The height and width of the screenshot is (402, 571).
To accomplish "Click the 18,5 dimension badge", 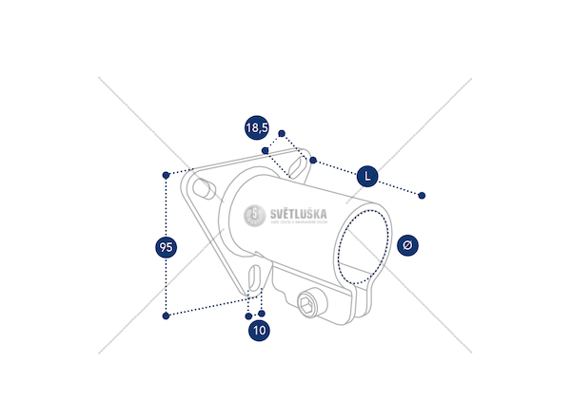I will pos(256,127).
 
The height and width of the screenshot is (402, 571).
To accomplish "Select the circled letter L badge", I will pos(367,176).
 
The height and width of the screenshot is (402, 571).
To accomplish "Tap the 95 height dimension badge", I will pos(166,247).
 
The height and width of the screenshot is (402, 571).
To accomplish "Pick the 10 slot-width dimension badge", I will pos(260,331).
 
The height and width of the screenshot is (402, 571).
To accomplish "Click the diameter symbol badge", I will pos(407,245).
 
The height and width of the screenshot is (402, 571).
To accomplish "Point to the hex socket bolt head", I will pos(308,305).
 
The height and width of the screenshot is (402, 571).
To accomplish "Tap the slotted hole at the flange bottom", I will pos(254,278).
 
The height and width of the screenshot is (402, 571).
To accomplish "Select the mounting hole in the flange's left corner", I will pos(201,188).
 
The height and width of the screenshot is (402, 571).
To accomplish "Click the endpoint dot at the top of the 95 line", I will pos(167,174).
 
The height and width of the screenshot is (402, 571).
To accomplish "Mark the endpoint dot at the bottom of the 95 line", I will pos(167,315).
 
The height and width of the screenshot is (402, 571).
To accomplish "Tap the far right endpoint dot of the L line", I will pos(423,196).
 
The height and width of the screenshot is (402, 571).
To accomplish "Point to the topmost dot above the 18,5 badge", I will pos(282,133).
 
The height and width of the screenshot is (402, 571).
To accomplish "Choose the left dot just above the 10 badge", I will pos(248,314).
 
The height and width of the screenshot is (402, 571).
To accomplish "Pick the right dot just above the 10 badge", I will pos(262,313).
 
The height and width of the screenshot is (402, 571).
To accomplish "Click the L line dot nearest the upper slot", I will pos(312,161).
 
